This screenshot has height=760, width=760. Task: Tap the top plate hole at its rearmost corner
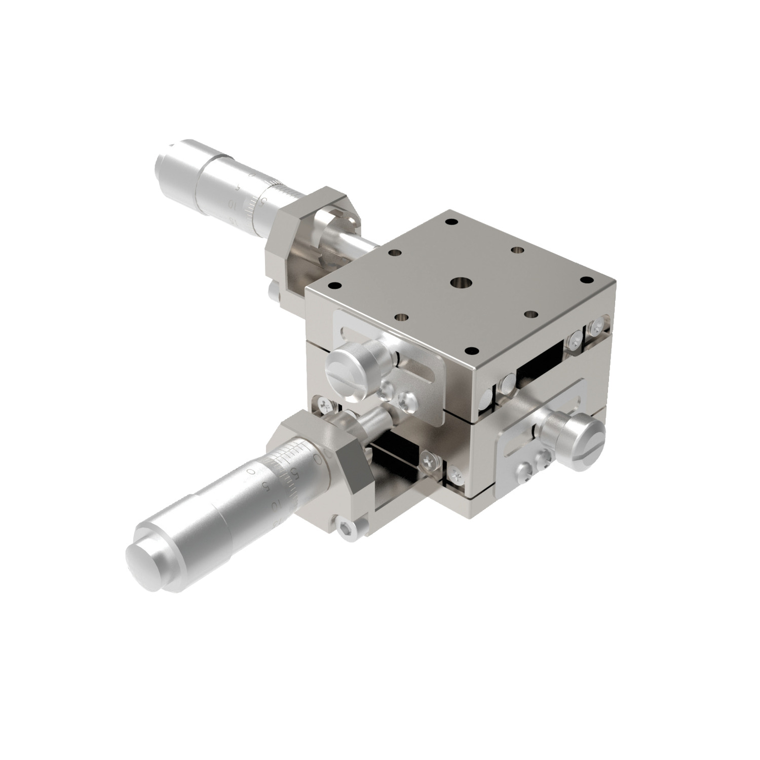[448, 221]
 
